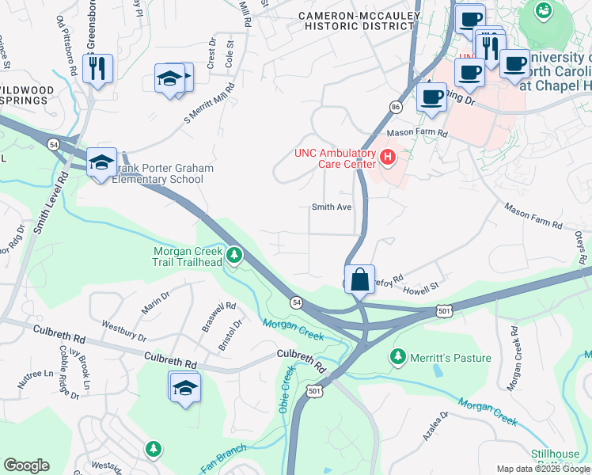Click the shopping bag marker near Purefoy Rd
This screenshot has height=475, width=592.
coord(359,279)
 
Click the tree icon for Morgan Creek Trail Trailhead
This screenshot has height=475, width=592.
coord(233,255)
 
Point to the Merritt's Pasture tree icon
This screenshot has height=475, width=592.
coord(397,358)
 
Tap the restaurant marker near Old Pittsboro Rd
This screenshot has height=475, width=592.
coord(97,67)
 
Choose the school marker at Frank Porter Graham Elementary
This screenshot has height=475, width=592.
coord(101,163)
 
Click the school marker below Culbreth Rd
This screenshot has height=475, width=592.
coord(185,388)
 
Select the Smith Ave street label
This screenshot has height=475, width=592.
coord(331,207)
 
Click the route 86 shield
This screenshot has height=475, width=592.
coord(396,106)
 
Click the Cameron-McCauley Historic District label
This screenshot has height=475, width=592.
coord(356,21)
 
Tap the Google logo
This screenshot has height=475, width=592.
coord(26,465)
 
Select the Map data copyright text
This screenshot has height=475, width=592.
coord(543,469)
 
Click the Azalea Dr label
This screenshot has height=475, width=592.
coord(438,425)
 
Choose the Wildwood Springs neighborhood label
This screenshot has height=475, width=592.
coord(27,97)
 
